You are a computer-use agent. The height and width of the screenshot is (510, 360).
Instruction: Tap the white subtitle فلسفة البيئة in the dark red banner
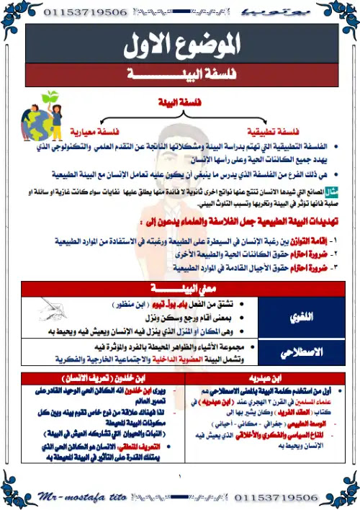click(x=180, y=74)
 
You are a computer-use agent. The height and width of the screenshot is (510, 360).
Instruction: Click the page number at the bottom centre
click(x=181, y=475)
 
